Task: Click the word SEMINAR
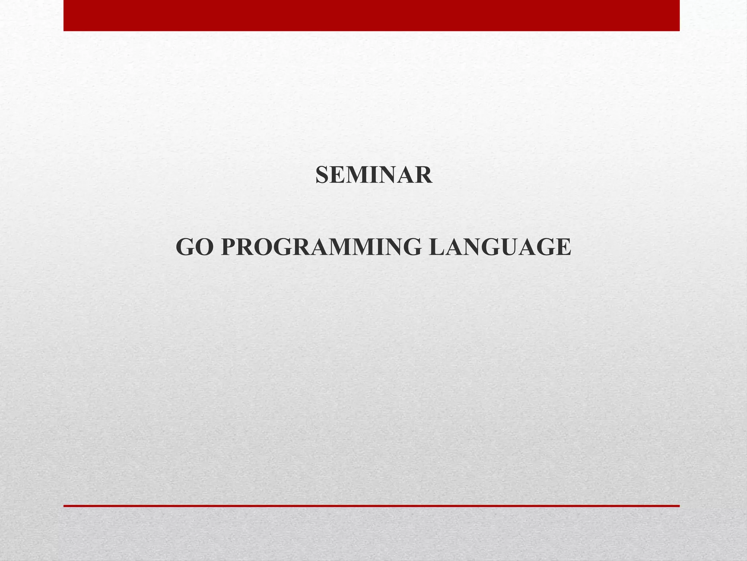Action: coord(373,175)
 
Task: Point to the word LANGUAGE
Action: coord(500,247)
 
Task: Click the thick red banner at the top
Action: coord(371,15)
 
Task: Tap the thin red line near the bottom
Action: coord(371,506)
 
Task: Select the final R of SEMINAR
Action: coord(424,175)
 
